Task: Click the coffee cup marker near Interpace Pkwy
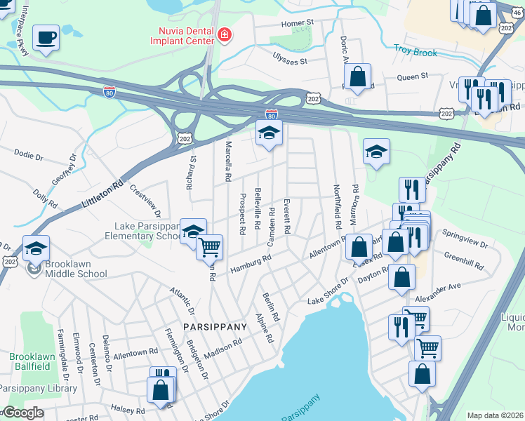(x=46, y=37)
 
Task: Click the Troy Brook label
(x=415, y=53)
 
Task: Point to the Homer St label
(x=296, y=23)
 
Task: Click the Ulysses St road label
(x=290, y=61)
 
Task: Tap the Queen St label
(x=413, y=76)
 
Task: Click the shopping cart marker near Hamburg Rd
(x=209, y=247)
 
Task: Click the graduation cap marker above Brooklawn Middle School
(x=36, y=248)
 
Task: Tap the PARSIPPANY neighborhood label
(x=215, y=327)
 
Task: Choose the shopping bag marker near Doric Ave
(x=358, y=76)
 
